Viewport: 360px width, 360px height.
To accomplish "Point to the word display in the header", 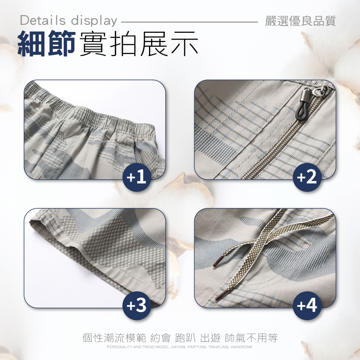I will pos(94,21).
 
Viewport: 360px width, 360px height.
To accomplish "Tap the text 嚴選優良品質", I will pos(300,21).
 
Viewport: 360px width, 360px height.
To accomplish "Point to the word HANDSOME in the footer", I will pos(242,347).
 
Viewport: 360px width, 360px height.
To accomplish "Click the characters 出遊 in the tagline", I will pos(210,338).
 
